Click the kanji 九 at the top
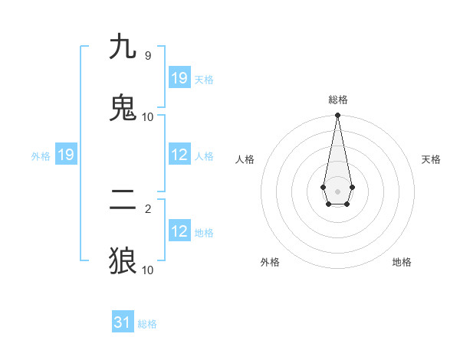coord(123,47)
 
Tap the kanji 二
coord(123,200)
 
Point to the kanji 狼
coord(123,261)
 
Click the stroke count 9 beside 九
coord(147,56)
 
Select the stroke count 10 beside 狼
coord(147,270)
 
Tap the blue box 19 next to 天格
coord(179,77)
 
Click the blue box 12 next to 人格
coord(179,155)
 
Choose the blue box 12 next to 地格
coord(179,231)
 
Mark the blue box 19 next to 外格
coord(66,155)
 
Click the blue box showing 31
coord(123,322)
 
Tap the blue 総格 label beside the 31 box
coord(147,324)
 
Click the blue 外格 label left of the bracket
coord(41,155)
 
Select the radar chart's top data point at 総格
coord(337,116)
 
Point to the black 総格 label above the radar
coord(337,100)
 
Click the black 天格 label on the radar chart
coord(432,159)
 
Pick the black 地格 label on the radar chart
coord(402,262)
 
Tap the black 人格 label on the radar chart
coord(245,159)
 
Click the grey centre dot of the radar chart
coord(337,190)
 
